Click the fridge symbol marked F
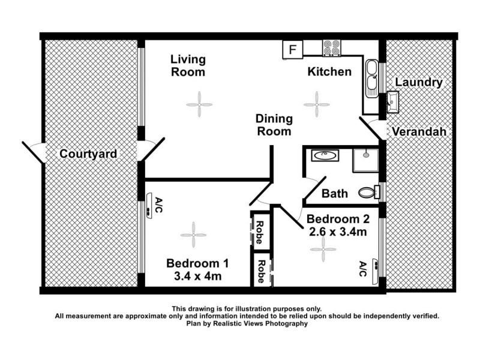point(292,50)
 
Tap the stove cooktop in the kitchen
point(331,48)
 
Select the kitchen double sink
point(370,79)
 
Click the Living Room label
point(187,66)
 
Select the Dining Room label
point(274,125)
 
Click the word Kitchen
point(329,72)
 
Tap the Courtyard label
point(88,154)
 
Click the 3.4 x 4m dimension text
point(194,277)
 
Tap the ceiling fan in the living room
point(199,103)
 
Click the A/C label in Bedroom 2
point(362,268)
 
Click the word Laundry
point(419,83)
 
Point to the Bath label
point(334,194)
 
